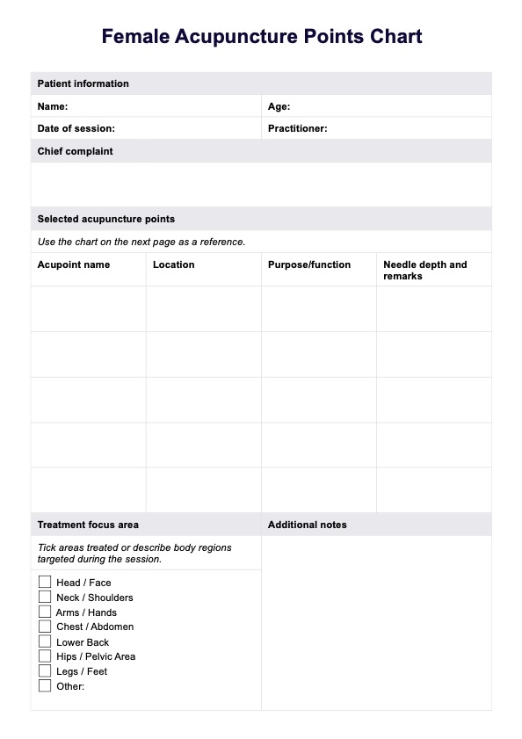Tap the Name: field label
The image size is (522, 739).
point(53,106)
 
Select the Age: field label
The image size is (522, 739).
point(279,106)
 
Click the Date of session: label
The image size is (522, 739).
point(76,128)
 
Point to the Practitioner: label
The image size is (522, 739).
point(297,128)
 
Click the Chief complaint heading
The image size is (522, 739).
point(75,151)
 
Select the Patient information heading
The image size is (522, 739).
point(83,83)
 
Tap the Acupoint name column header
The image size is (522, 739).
point(73,264)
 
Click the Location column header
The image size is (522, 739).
point(173,264)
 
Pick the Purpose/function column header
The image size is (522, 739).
point(308,264)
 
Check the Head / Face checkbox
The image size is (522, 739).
point(45,582)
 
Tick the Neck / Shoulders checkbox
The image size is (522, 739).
point(45,597)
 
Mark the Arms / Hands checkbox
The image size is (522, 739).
point(45,612)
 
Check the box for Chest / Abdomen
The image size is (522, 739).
point(45,627)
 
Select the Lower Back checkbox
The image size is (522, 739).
point(45,641)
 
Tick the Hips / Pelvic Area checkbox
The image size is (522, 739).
point(45,656)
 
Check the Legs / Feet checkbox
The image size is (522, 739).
point(45,671)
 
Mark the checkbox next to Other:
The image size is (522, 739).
point(45,686)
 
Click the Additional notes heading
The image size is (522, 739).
point(307,525)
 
